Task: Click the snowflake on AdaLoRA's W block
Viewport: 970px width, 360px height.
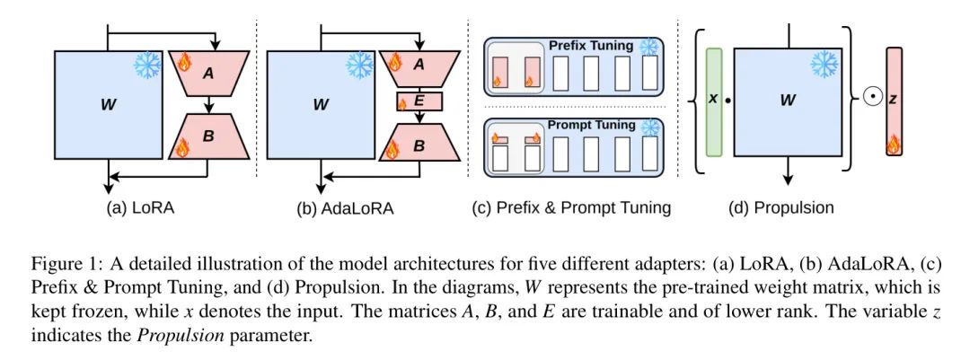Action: [x=360, y=65]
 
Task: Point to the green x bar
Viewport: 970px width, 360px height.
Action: [x=714, y=101]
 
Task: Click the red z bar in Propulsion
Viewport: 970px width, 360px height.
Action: [x=894, y=101]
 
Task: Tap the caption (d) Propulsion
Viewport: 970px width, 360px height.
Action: [x=781, y=208]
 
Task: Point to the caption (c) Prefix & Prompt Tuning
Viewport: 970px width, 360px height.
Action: [x=571, y=208]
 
